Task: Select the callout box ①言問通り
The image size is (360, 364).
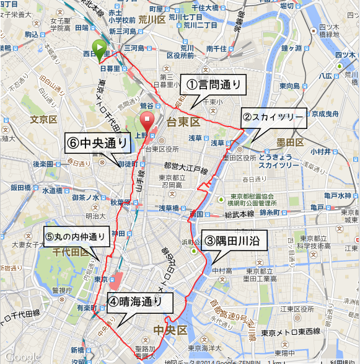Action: (x=213, y=83)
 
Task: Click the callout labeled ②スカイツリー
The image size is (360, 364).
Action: (x=273, y=117)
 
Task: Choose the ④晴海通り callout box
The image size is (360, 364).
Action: (x=139, y=302)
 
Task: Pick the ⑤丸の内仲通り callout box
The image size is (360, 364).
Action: (x=76, y=236)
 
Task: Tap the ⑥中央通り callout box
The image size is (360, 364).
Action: (x=98, y=143)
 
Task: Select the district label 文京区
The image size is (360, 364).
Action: (x=44, y=118)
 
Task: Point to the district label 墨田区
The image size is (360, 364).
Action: (x=290, y=143)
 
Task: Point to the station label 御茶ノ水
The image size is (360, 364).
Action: (x=86, y=197)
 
